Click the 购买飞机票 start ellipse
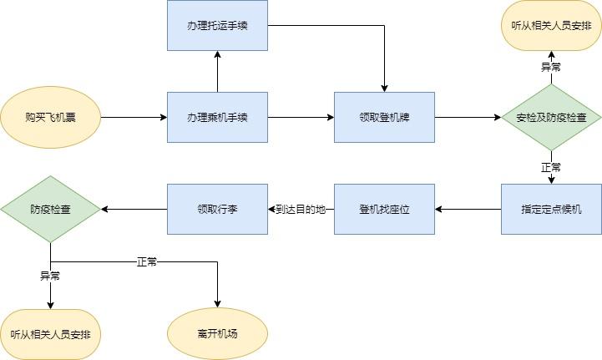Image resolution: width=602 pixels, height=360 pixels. pyautogui.click(x=50, y=117)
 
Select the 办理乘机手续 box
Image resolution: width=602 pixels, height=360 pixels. pyautogui.click(x=217, y=117)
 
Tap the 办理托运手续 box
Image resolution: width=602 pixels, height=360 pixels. pyautogui.click(x=217, y=25)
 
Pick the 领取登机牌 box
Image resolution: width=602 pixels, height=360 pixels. pyautogui.click(x=384, y=117)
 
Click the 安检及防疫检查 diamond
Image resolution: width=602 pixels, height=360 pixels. pyautogui.click(x=551, y=117)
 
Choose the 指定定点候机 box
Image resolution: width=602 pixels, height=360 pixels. pyautogui.click(x=551, y=209)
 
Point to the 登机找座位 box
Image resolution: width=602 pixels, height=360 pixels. pyautogui.click(x=384, y=209)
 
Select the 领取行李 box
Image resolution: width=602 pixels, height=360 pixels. pyautogui.click(x=217, y=209)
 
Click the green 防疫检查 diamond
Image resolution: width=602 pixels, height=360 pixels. pyautogui.click(x=50, y=209)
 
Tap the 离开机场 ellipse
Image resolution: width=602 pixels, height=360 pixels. pyautogui.click(x=217, y=334)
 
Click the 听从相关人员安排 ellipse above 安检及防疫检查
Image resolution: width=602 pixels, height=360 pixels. pyautogui.click(x=551, y=25)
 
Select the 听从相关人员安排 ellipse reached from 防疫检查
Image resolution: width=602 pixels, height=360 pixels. pyautogui.click(x=50, y=334)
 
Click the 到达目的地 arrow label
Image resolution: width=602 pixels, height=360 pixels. pyautogui.click(x=301, y=209)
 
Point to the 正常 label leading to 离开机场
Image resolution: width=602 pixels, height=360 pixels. pyautogui.click(x=147, y=261)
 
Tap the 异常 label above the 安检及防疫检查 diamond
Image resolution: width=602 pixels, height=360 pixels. pyautogui.click(x=551, y=67)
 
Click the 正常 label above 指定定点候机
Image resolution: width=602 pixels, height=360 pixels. pyautogui.click(x=551, y=167)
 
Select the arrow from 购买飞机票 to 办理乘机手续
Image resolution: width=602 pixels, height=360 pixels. pyautogui.click(x=134, y=117)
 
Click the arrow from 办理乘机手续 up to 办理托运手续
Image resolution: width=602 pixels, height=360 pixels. pyautogui.click(x=217, y=71)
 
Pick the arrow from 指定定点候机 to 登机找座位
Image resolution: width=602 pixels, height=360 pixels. pyautogui.click(x=468, y=209)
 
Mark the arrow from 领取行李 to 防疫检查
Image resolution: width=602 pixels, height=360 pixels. pyautogui.click(x=134, y=209)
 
